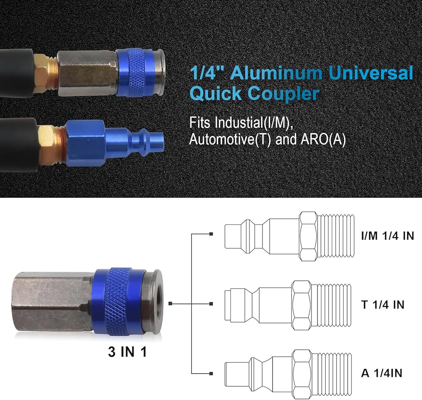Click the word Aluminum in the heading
point(276,73)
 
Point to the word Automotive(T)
point(230,139)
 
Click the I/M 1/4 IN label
point(387,236)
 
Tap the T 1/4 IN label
point(383,305)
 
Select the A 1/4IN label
point(381,373)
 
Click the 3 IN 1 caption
point(127,352)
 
